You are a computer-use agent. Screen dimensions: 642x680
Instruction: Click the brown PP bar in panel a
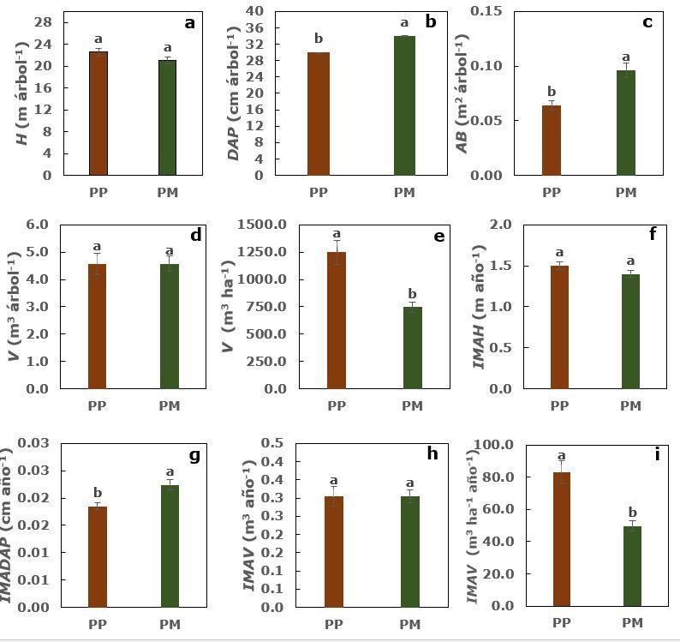(x=98, y=113)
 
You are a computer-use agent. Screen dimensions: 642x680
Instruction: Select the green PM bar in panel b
(x=404, y=105)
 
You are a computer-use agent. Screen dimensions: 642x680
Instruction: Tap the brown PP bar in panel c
(x=551, y=140)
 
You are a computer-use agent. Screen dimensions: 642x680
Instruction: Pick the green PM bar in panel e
(x=413, y=347)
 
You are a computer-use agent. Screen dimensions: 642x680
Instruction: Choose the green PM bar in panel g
(x=170, y=546)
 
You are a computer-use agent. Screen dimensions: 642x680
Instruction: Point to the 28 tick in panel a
(x=45, y=22)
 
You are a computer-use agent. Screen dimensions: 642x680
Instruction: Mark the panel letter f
(x=653, y=234)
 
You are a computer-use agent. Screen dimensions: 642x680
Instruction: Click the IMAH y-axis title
(x=480, y=306)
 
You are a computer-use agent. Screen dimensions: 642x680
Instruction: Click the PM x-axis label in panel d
(x=169, y=405)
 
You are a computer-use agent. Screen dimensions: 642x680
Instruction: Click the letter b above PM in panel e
(x=413, y=293)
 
